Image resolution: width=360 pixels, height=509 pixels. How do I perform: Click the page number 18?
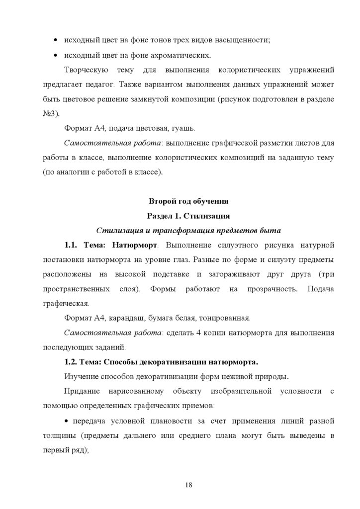188,485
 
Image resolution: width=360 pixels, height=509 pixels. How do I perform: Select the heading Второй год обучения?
188,201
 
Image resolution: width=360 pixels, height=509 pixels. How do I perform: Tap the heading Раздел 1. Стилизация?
188,216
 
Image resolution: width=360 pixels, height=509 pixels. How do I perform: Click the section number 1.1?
73,245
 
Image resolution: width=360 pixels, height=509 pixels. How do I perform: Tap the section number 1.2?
73,360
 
